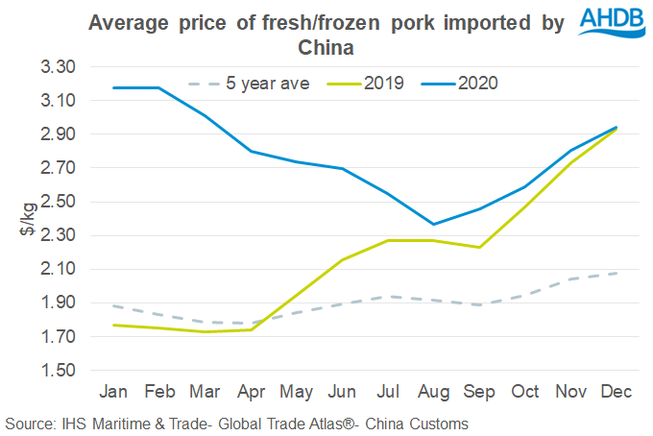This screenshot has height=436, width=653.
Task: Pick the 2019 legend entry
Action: [383, 84]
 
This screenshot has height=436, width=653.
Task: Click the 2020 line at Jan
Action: [114, 87]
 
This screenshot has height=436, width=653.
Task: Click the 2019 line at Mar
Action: [206, 331]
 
